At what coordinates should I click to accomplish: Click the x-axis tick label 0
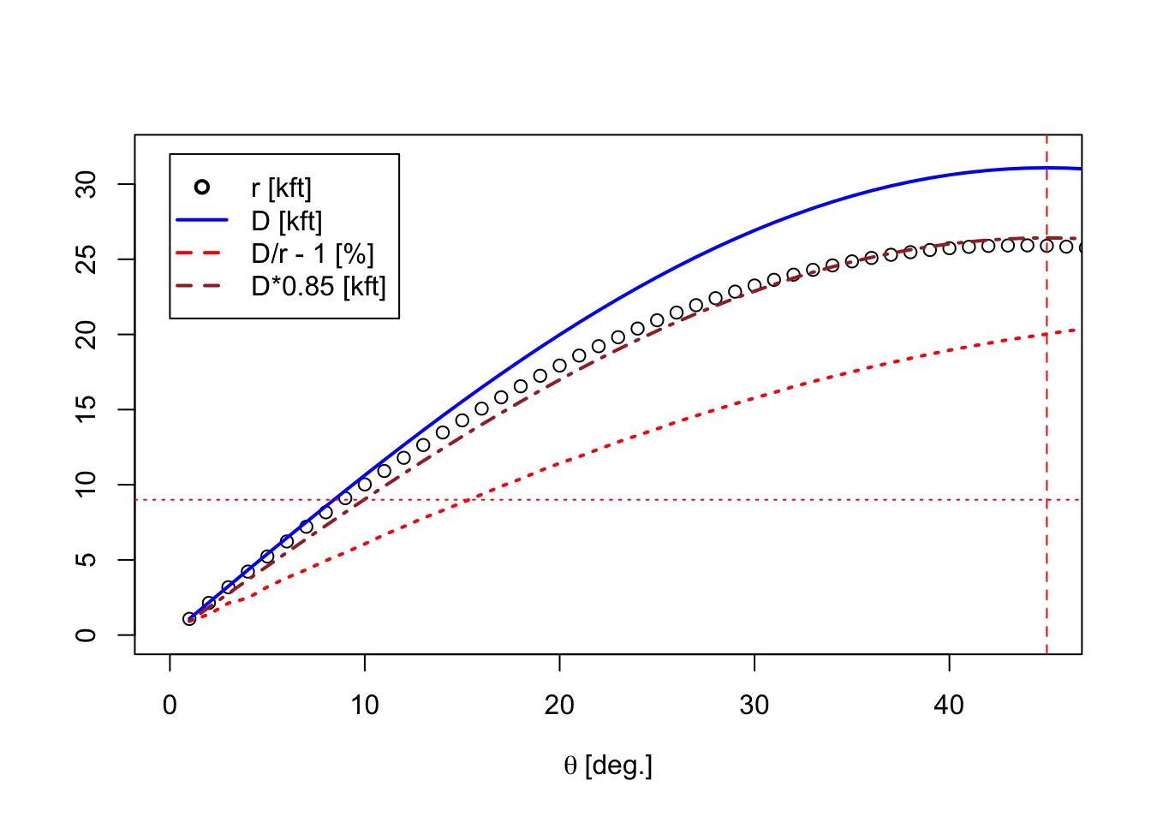pos(170,706)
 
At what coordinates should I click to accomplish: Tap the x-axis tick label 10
pos(364,706)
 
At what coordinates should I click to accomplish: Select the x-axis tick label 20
pos(559,706)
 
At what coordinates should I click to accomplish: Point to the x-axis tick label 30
pos(754,706)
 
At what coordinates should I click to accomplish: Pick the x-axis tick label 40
pos(949,706)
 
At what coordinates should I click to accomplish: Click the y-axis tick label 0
pos(86,635)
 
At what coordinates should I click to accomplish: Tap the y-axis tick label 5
pos(86,559)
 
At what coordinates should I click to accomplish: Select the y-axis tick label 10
pos(86,485)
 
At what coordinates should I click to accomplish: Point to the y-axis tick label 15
pos(86,409)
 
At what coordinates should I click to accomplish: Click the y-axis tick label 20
pos(86,335)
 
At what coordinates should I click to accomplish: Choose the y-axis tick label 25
pos(86,259)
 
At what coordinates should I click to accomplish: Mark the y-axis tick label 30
pos(86,184)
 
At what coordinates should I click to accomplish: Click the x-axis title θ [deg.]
pos(608,766)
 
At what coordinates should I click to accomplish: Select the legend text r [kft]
pos(281,188)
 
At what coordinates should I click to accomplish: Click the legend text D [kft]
pos(287,222)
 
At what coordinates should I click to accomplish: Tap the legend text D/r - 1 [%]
pos(313,254)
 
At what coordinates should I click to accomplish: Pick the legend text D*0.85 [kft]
pos(319,287)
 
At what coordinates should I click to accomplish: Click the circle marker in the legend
pos(202,187)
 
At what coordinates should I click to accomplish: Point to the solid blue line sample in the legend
pos(202,220)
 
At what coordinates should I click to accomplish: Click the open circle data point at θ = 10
pos(364,484)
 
